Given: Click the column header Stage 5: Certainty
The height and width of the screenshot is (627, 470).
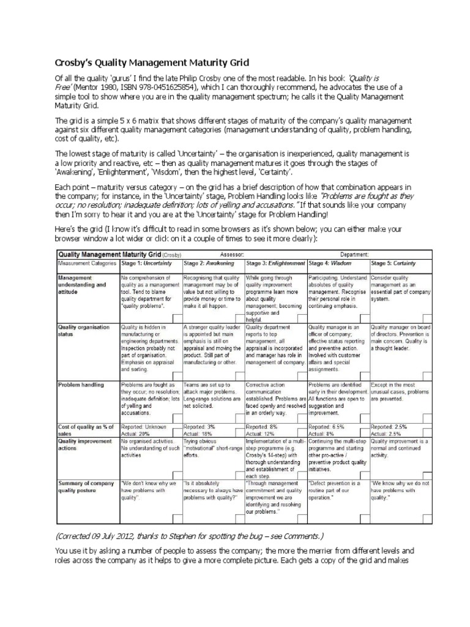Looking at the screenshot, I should click(x=393, y=263).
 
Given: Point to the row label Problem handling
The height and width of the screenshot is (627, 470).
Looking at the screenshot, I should click(x=81, y=385).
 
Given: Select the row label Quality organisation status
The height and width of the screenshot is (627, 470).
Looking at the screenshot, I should click(x=84, y=331).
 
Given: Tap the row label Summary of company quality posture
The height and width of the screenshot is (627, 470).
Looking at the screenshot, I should click(x=86, y=487).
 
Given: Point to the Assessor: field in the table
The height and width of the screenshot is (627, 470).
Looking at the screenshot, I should click(x=231, y=253).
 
